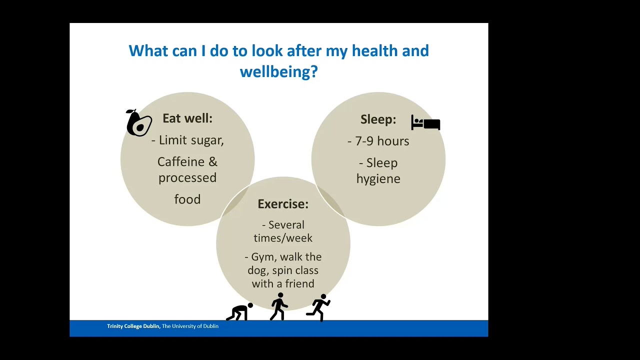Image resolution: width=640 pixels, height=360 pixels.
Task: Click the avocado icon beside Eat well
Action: [138, 123]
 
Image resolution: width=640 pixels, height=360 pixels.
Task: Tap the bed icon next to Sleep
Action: [425, 122]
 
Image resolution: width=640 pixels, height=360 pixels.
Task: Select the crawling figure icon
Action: [239, 312]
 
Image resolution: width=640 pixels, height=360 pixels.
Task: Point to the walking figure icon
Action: [278, 306]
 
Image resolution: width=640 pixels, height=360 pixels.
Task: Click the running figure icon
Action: [318, 307]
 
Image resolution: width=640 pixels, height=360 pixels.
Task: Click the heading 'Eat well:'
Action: [187, 118]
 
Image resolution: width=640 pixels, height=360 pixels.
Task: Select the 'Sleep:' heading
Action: [378, 119]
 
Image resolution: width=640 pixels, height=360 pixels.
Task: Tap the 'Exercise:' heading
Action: [283, 204]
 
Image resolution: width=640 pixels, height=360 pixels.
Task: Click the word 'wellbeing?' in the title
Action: [278, 72]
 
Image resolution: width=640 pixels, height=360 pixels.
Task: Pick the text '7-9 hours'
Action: [382, 141]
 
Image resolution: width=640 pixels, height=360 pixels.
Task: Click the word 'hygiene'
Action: [378, 179]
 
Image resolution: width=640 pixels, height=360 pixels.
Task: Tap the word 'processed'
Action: [187, 178]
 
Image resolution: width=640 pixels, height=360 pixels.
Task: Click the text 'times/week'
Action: [283, 238]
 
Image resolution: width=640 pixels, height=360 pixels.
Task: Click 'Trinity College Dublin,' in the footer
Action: [133, 326]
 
